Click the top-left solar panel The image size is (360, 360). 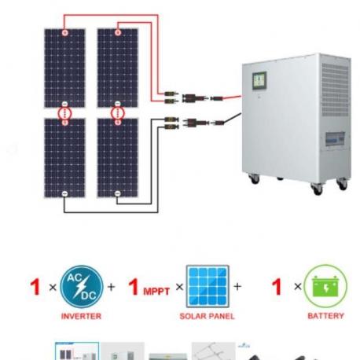click(64, 68)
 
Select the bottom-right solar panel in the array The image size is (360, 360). click(118, 158)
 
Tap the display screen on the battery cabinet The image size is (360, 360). click(259, 81)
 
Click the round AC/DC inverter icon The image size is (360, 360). click(82, 287)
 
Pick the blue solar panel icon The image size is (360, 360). click(208, 286)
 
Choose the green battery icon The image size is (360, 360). click(325, 286)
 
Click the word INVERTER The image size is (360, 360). click(81, 316)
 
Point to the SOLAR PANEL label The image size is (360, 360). click(207, 316)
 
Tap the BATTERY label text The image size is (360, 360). click(325, 316)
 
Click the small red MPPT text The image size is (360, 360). click(156, 292)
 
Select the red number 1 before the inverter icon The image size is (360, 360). click(35, 287)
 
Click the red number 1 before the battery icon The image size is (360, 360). click(277, 286)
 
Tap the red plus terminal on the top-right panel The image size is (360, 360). click(118, 32)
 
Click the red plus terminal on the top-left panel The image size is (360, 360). click(65, 32)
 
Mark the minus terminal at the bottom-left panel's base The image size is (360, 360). click(64, 193)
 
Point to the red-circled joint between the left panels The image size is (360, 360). click(64, 113)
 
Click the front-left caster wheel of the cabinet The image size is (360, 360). click(254, 179)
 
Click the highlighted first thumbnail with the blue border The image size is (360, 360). click(77, 351)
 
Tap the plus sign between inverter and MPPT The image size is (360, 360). click(112, 287)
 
